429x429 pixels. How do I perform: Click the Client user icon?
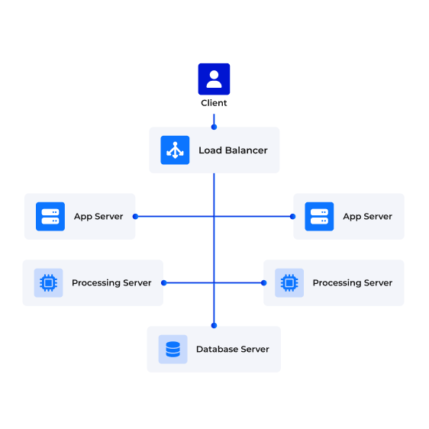(214, 79)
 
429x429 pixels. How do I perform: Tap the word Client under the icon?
(214, 103)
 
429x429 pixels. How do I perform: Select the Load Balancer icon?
(175, 150)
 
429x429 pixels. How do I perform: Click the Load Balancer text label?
(233, 150)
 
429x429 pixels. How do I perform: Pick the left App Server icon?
(50, 217)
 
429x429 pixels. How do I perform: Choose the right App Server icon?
(319, 217)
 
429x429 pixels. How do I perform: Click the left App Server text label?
(98, 217)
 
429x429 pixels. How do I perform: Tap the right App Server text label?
(367, 217)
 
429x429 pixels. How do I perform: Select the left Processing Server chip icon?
(48, 282)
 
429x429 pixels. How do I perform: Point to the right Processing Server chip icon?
(289, 282)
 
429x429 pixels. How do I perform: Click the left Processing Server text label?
(111, 283)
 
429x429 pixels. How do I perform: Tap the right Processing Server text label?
(353, 283)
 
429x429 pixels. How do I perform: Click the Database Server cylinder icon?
(173, 349)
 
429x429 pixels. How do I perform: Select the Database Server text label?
(233, 349)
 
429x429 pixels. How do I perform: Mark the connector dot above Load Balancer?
(214, 127)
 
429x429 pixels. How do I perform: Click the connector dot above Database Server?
(214, 326)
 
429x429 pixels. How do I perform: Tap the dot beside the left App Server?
(135, 217)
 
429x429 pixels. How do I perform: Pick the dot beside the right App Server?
(293, 217)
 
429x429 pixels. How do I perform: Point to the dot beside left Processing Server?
(164, 282)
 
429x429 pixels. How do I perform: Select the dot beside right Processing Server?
(264, 282)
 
